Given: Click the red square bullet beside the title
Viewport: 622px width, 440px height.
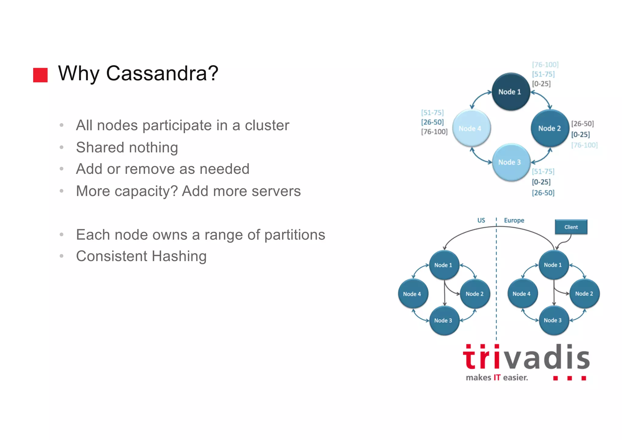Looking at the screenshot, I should (40, 75).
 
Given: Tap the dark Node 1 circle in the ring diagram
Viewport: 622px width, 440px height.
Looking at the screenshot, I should (511, 92).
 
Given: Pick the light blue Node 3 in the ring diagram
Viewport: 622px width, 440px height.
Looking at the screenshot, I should (511, 162).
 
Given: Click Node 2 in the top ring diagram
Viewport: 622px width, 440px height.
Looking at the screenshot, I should (549, 129).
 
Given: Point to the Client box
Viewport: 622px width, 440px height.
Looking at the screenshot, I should (571, 227).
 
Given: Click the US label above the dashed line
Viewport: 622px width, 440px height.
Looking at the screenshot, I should (481, 220).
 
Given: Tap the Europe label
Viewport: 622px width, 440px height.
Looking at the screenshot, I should (514, 220).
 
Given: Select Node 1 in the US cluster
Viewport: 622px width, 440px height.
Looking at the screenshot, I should (444, 265).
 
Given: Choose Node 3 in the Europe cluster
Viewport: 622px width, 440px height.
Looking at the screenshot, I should (553, 320).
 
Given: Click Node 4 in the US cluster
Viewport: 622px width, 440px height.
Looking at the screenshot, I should (412, 294).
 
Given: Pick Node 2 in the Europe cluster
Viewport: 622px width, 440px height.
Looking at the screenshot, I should (584, 294).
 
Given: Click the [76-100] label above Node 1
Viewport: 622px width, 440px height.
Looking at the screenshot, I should (545, 65).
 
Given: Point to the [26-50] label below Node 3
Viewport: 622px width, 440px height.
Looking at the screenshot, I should (543, 193).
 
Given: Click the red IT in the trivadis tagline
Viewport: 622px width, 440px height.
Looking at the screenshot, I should (497, 378).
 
